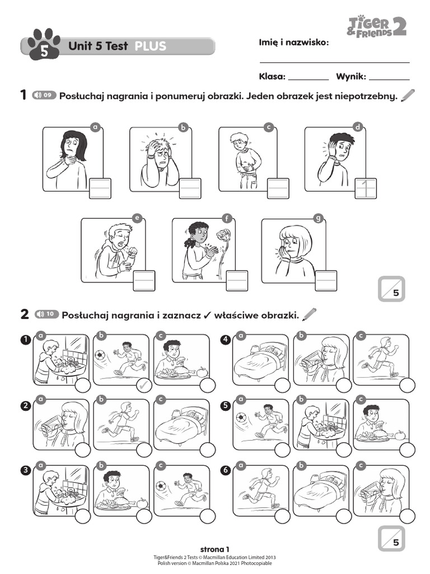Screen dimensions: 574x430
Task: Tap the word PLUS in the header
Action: pyautogui.click(x=150, y=46)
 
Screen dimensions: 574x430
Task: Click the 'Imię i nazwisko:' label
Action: pyautogui.click(x=294, y=43)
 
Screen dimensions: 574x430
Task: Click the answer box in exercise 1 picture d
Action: pyautogui.click(x=366, y=188)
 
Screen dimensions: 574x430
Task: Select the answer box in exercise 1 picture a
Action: pyautogui.click(x=100, y=188)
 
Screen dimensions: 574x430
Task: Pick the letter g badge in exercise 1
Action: pyautogui.click(x=319, y=219)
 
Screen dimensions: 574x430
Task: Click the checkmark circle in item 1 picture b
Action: pyautogui.click(x=144, y=385)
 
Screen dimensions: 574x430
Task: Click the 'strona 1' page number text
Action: pyautogui.click(x=215, y=549)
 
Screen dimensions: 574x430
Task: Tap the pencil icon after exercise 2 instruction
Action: pyautogui.click(x=309, y=314)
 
